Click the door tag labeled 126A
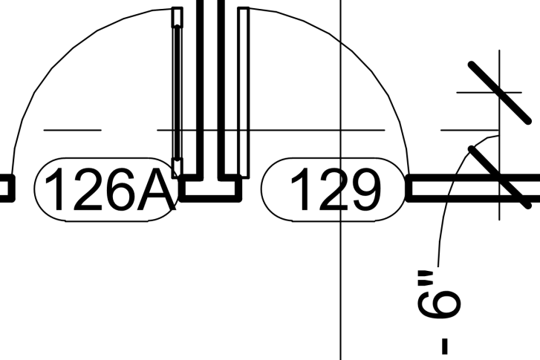tap(105, 189)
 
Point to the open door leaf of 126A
tap(177, 89)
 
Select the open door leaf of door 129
tap(243, 89)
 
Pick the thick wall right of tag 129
tap(475, 189)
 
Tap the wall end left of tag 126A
tap(6, 189)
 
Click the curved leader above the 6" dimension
tap(449, 193)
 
